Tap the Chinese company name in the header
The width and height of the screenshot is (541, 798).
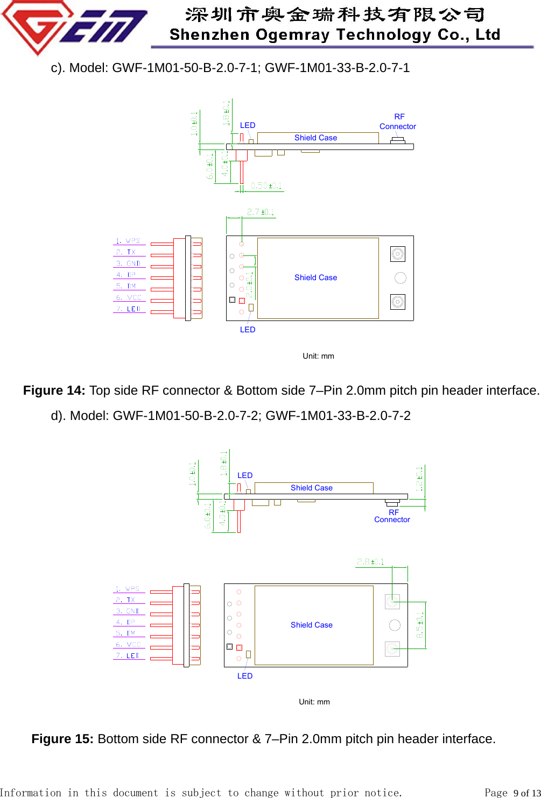point(334,14)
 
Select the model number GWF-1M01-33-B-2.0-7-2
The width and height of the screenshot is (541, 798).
point(338,416)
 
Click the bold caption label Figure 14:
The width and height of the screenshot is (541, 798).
point(54,390)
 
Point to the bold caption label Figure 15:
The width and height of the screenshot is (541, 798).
point(62,739)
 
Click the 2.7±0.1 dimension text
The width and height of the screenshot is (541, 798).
point(261,212)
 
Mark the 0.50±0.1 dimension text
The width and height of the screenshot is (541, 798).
point(266,186)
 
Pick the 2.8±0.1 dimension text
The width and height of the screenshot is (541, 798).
point(370,561)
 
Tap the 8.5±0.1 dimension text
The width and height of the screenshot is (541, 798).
point(420,625)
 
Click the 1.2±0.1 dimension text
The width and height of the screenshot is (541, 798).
point(419,479)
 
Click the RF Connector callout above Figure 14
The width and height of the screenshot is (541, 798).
point(398,122)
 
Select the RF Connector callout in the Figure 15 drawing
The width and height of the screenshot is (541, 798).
point(392,516)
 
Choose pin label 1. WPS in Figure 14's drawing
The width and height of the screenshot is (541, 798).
point(128,241)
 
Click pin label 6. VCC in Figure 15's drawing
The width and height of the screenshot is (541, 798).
point(128,644)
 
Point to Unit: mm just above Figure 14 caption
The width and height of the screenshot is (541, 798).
point(318,356)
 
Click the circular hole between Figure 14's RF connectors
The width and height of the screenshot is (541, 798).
point(401,278)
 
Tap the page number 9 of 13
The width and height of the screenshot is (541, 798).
point(525,793)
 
